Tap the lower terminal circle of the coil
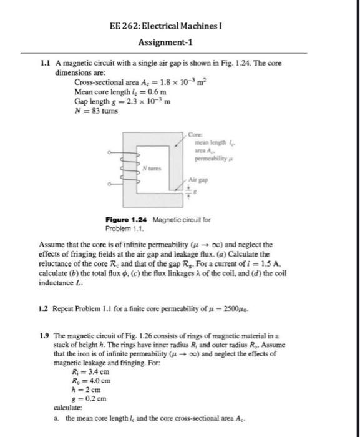click(110, 184)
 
